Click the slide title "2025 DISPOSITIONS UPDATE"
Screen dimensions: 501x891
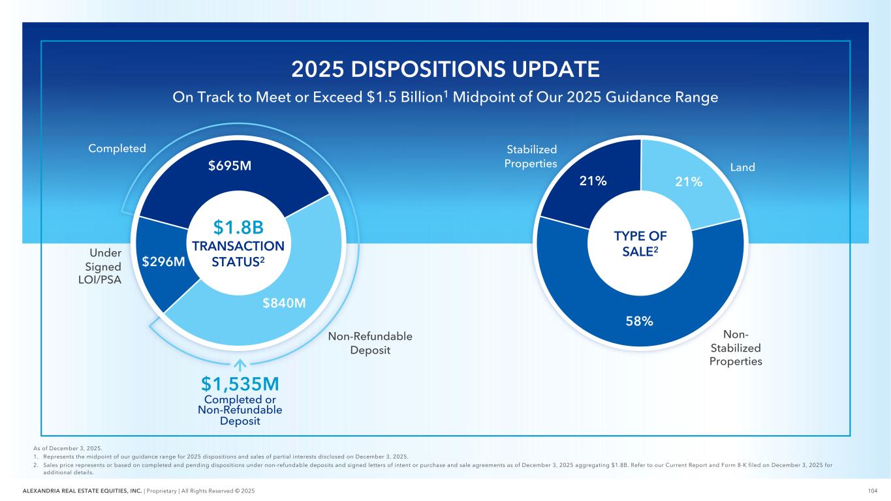(445, 69)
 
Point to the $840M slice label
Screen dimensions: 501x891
(285, 303)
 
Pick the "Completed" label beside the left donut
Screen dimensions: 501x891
(117, 149)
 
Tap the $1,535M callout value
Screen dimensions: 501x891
(240, 384)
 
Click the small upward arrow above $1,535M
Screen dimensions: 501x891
(240, 364)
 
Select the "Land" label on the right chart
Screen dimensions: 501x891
(743, 168)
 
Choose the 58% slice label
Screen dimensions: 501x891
(640, 321)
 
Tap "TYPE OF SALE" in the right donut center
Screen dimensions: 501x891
(640, 244)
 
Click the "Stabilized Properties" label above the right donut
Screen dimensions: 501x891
(531, 157)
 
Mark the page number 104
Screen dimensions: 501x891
(871, 491)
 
